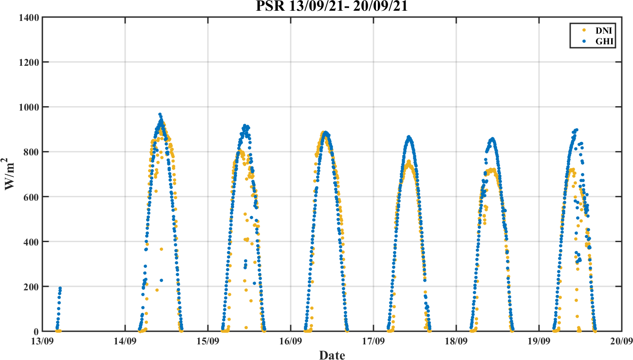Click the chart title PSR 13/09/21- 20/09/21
(332, 6)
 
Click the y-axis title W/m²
(11, 174)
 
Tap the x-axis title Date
(332, 355)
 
